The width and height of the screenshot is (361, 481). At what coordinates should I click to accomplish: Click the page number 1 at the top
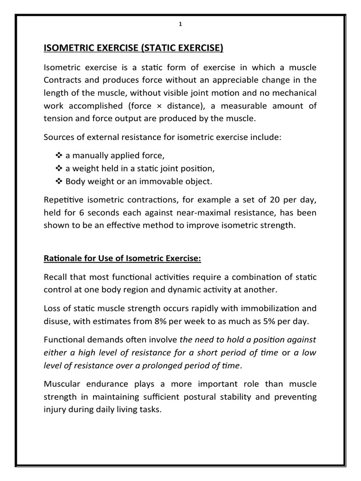[x=180, y=25]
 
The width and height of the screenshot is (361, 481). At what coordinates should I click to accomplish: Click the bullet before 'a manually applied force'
[x=58, y=155]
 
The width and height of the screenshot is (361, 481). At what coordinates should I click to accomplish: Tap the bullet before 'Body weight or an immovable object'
[x=58, y=181]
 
